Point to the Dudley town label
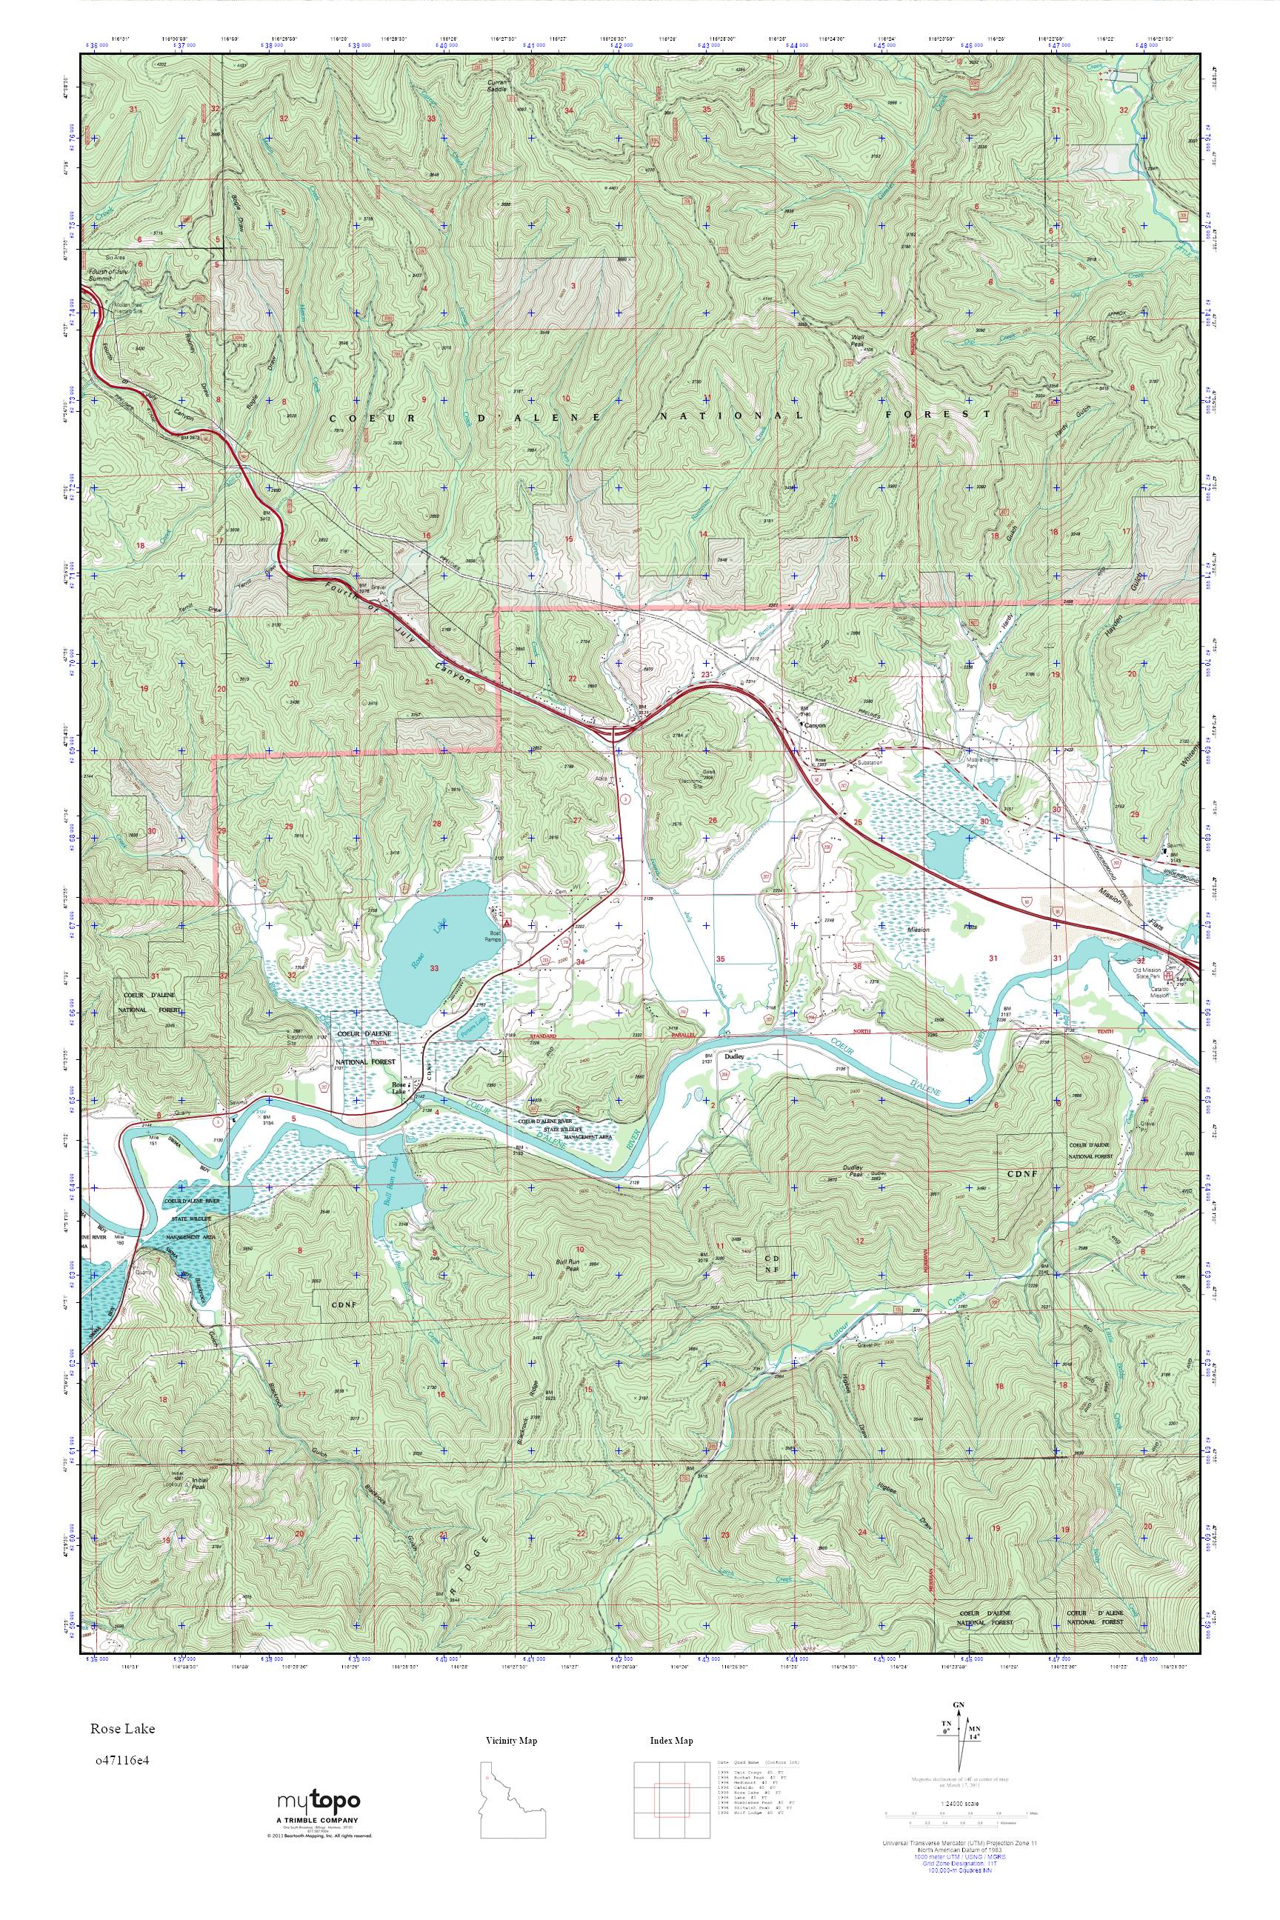[733, 1055]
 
